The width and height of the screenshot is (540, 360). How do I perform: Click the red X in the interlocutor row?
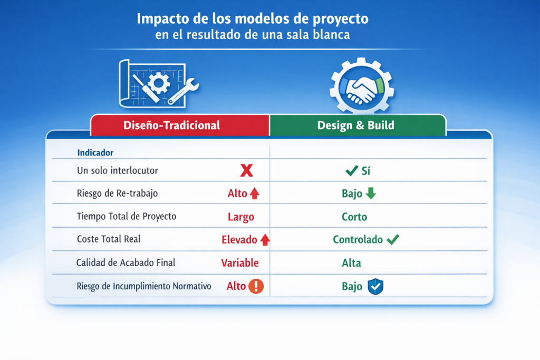click(x=247, y=170)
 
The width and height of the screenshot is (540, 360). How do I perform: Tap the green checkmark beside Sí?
click(x=352, y=170)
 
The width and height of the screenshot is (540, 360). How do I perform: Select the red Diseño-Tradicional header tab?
click(x=179, y=125)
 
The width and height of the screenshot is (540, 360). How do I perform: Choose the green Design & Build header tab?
click(x=358, y=125)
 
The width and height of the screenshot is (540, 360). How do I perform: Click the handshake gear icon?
click(x=362, y=85)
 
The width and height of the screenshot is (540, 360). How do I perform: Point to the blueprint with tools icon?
click(x=158, y=84)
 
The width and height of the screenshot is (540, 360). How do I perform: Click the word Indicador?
click(x=95, y=152)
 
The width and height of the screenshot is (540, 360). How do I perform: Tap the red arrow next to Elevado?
click(x=265, y=239)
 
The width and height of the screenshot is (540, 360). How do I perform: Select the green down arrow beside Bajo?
click(x=371, y=193)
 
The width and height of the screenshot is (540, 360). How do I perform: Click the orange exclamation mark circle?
click(x=256, y=286)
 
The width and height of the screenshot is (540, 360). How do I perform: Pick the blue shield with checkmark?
click(x=375, y=286)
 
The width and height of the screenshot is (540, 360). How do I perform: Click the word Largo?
click(x=241, y=217)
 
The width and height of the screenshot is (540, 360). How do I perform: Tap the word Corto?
click(x=354, y=217)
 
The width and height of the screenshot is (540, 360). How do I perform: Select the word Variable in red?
click(x=240, y=263)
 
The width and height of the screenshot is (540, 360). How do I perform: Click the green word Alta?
click(x=351, y=263)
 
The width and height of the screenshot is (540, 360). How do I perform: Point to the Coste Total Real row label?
click(x=109, y=239)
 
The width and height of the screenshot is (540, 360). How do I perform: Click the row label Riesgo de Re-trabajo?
click(x=117, y=193)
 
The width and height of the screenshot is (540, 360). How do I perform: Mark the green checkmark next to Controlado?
click(x=393, y=239)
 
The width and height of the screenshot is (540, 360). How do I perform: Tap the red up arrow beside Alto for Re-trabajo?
click(x=255, y=193)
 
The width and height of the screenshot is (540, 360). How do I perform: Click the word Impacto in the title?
click(x=163, y=19)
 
